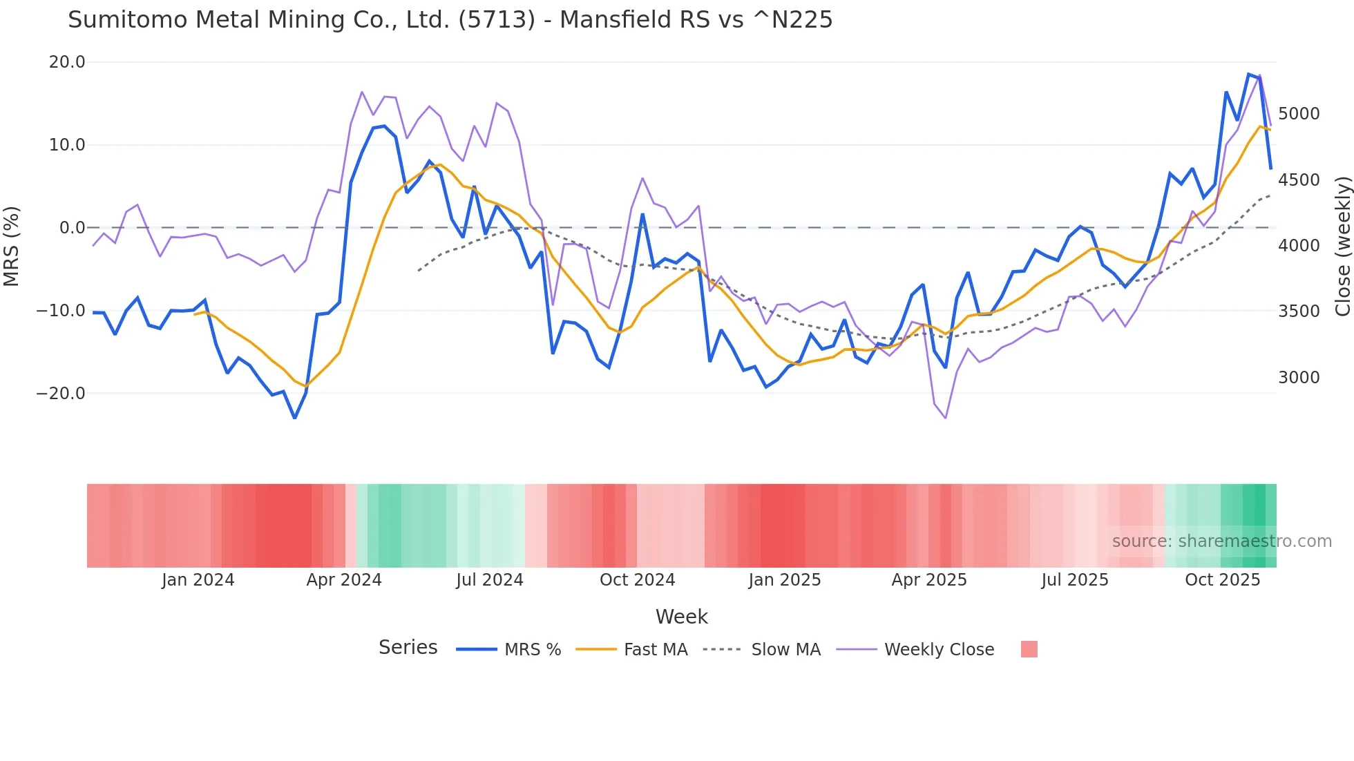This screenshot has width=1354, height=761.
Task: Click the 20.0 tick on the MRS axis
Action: click(67, 62)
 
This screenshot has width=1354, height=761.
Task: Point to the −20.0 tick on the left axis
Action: click(61, 394)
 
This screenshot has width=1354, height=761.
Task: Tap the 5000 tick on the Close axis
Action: click(1299, 114)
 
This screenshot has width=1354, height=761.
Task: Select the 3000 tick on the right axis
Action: click(1299, 378)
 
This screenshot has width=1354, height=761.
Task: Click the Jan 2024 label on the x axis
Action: click(198, 580)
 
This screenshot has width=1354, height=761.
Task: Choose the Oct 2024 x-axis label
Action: click(637, 580)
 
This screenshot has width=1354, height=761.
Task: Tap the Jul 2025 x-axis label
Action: click(1074, 580)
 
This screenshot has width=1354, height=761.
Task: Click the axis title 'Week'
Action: click(681, 617)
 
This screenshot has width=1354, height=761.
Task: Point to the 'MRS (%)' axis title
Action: click(12, 246)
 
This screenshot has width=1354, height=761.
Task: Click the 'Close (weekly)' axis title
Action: click(1342, 246)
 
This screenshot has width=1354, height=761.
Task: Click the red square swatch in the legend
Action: click(1029, 649)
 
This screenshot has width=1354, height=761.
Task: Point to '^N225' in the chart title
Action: click(792, 20)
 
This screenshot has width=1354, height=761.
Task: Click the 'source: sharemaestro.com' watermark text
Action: click(1221, 541)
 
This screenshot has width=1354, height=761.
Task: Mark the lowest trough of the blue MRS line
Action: click(295, 418)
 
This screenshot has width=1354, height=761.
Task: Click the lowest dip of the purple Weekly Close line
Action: click(945, 418)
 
